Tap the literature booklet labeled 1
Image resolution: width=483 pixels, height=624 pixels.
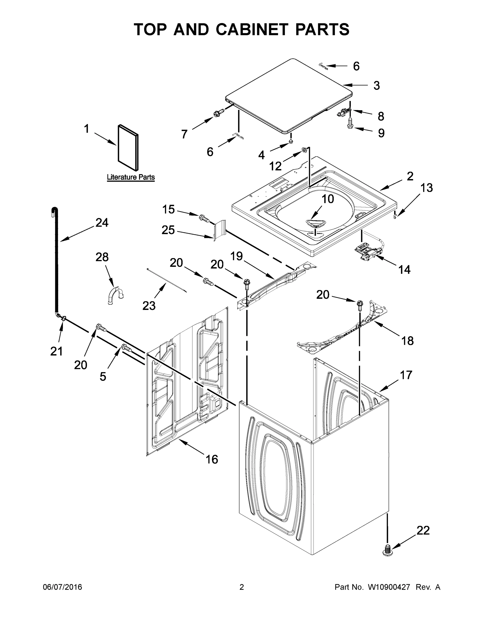pos(128,147)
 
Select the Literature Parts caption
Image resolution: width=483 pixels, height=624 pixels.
pos(131,177)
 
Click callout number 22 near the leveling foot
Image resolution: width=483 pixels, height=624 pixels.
pos(423,530)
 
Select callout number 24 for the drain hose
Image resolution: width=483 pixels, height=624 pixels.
pos(102,223)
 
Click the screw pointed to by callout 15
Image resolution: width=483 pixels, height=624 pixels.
pos(204,219)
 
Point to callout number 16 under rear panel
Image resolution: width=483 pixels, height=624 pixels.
pos(212,459)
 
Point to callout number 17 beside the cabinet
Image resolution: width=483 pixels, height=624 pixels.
pos(406,375)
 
